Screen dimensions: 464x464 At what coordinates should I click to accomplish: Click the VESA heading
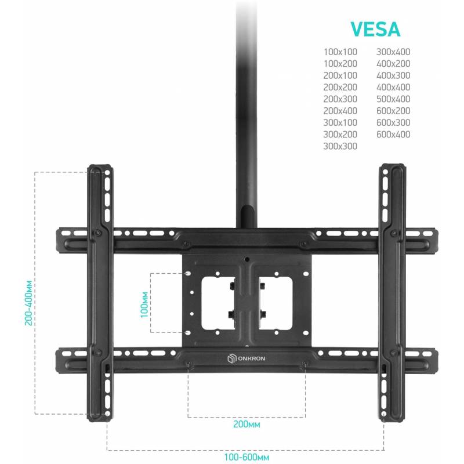pos(375,29)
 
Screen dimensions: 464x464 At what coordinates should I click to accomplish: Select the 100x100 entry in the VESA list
pos(340,52)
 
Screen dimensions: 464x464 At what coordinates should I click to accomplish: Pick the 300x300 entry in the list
pos(340,146)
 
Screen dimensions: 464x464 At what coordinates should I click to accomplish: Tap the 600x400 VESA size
pos(393,135)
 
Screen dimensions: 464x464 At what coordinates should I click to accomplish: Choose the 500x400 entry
pos(393,99)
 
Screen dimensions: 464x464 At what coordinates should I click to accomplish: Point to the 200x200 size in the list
pos(340,88)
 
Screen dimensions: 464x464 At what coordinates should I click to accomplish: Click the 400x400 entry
pos(393,88)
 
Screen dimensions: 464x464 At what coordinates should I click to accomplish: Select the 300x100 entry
pos(340,122)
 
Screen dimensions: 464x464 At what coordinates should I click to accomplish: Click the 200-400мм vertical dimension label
pos(28,303)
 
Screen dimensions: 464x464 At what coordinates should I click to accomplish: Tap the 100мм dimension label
pos(144,305)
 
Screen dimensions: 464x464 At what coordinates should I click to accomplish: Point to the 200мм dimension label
pos(246,424)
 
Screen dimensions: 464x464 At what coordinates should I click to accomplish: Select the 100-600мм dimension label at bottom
pos(246,457)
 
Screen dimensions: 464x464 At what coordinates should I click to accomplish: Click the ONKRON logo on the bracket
pos(246,358)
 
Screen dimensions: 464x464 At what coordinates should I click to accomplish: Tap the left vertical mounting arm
pos(100,292)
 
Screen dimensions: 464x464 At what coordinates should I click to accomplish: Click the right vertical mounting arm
pos(393,292)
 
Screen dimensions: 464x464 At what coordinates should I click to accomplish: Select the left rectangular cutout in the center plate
pos(219,303)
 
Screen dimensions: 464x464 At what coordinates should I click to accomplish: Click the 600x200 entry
pos(393,111)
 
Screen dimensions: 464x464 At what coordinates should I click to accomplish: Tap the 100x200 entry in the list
pos(340,64)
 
